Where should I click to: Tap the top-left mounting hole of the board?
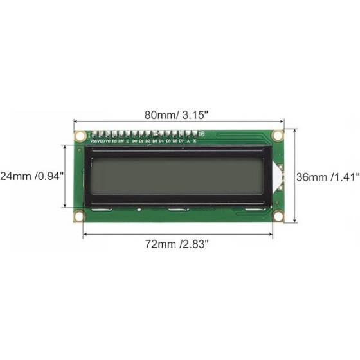click(80, 135)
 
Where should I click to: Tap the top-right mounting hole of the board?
click(278, 135)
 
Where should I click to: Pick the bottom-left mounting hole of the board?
click(80, 217)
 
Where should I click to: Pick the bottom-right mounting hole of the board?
click(278, 217)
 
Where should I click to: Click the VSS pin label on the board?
click(94, 139)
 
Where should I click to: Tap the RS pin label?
click(114, 139)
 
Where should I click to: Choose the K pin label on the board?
click(195, 139)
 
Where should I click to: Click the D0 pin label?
click(135, 139)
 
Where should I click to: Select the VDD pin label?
click(102, 139)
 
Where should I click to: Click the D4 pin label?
click(161, 139)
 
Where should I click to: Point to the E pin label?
click(127, 139)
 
